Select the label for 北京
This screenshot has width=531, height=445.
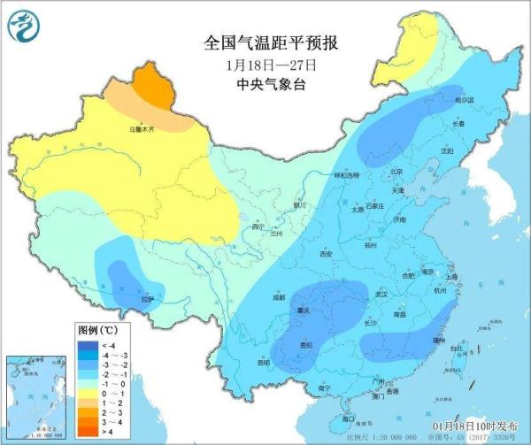point(396,173)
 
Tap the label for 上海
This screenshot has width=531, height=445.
point(452,277)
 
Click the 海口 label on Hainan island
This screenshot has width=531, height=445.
point(349,417)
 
